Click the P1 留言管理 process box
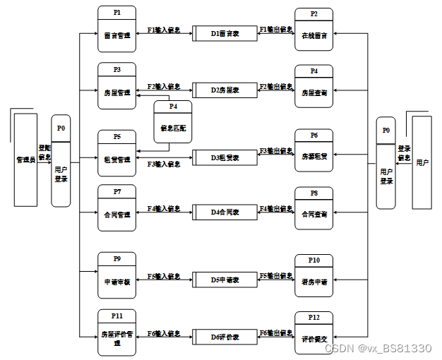[117, 30]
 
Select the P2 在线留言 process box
[313, 30]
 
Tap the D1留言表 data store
[225, 33]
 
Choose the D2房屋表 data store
[225, 90]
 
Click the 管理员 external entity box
[25, 159]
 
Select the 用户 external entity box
[422, 162]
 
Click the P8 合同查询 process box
[313, 208]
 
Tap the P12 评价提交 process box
[313, 333]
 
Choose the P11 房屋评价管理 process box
[117, 333]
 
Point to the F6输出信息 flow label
[276, 332]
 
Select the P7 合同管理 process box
[117, 208]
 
